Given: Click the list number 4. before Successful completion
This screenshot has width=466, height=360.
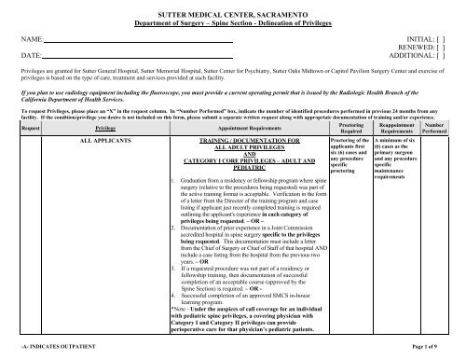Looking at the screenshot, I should click(176, 270).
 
